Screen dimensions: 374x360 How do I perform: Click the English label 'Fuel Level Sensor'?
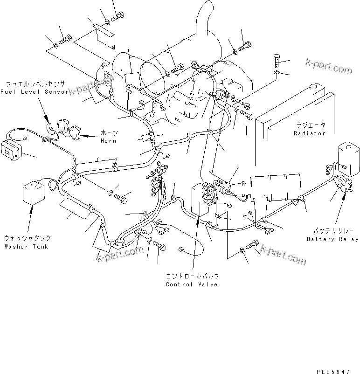pyautogui.click(x=34, y=92)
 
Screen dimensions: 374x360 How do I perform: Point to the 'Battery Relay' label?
pyautogui.click(x=332, y=239)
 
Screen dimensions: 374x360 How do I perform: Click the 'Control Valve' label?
pyautogui.click(x=192, y=284)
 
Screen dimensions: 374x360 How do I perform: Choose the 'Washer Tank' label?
pyautogui.click(x=26, y=246)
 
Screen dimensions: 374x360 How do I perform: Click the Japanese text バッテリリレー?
pyautogui.click(x=332, y=231)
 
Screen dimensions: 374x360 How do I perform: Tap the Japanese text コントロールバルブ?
pyautogui.click(x=192, y=276)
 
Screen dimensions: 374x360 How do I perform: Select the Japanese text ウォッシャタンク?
pyautogui.click(x=26, y=237)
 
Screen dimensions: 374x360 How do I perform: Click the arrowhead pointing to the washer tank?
pyautogui.click(x=31, y=211)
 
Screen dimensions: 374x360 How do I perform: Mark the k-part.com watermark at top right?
pyautogui.click(x=328, y=67)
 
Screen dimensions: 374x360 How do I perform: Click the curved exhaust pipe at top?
pyautogui.click(x=204, y=21)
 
